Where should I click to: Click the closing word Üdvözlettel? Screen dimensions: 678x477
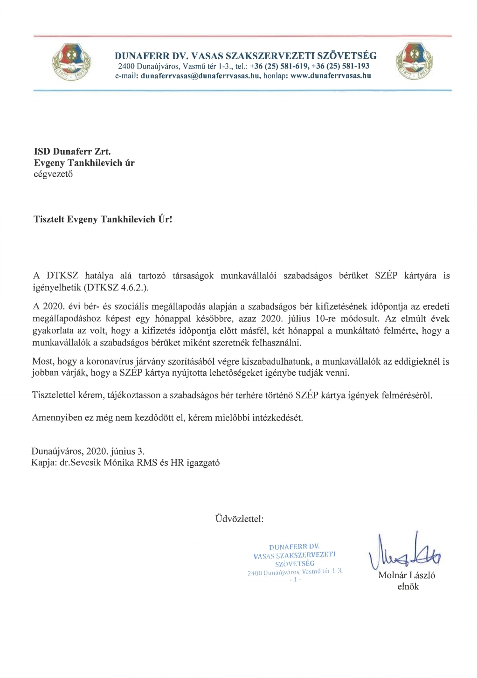[x=240, y=518]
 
